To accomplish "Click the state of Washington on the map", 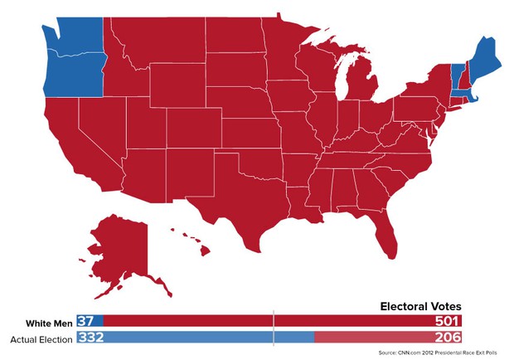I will point(75,35).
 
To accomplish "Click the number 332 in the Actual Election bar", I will point(91,338).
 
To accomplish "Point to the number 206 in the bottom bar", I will point(445,338).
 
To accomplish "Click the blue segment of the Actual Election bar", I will point(207,338).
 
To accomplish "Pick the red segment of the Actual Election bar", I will point(373,338).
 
